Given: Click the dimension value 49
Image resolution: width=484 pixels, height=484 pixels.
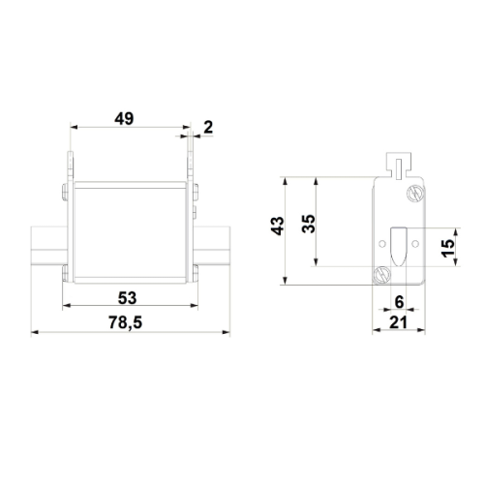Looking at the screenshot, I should coord(124,119).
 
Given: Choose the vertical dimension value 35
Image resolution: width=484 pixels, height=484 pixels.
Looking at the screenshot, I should coord(308,224).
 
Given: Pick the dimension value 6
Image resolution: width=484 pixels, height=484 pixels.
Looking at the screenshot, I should coord(399,302).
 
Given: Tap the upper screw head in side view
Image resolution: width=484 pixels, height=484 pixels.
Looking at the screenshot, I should coord(415,192).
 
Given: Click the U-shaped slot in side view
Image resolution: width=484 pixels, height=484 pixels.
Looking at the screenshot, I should coord(398,245).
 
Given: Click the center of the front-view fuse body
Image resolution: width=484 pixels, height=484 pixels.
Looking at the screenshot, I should coord(129,232).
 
